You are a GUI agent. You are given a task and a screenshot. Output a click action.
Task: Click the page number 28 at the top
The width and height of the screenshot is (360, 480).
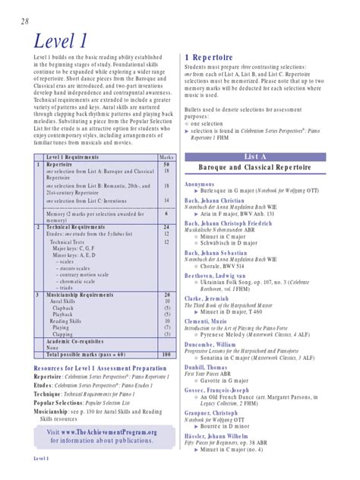pyautogui.click(x=15, y=21)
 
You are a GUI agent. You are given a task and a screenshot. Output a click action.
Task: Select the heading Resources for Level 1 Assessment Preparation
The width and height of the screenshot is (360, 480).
pyautogui.click(x=94, y=367)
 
